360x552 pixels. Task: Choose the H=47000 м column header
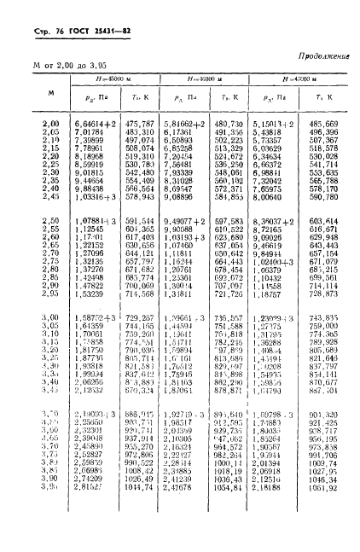[295, 78]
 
